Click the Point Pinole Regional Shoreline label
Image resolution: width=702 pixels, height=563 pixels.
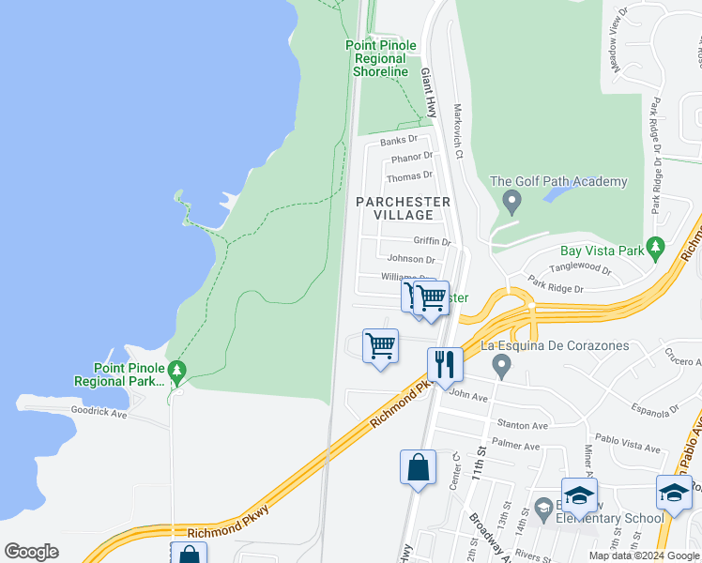point(381,58)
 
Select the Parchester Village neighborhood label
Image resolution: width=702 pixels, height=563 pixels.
point(403,208)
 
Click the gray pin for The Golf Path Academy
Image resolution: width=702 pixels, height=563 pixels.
point(511,200)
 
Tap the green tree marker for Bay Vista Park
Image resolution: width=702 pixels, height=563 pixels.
point(656,251)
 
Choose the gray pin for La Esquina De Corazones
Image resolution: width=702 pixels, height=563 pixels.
point(502,364)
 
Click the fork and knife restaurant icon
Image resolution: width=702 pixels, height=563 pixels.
point(444,363)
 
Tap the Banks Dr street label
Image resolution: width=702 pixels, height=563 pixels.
point(398,141)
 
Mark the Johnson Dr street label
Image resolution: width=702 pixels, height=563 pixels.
point(411,259)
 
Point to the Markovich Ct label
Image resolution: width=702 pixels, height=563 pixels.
point(459,131)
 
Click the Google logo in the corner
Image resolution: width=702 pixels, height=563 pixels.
point(32,552)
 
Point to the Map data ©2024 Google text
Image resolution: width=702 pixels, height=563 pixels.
point(644,555)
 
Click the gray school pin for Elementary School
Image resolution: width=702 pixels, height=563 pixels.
point(542,508)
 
